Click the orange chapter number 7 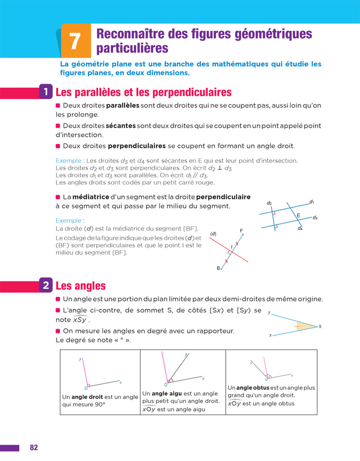tap(75, 41)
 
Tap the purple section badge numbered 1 tap(46, 92)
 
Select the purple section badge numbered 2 tap(46, 285)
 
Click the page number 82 tap(34, 448)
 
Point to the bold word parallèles tap(122, 105)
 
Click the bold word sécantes tap(120, 126)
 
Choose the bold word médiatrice tap(91, 197)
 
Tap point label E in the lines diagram tap(298, 216)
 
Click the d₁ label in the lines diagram tap(312, 202)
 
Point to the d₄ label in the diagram tap(300, 228)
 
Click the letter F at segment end tap(241, 231)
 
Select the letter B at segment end tap(219, 268)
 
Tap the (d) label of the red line tap(213, 234)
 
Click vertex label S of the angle tap(320, 326)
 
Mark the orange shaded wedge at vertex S tap(305, 326)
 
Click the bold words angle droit tap(87, 397)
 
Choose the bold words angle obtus tap(253, 388)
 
